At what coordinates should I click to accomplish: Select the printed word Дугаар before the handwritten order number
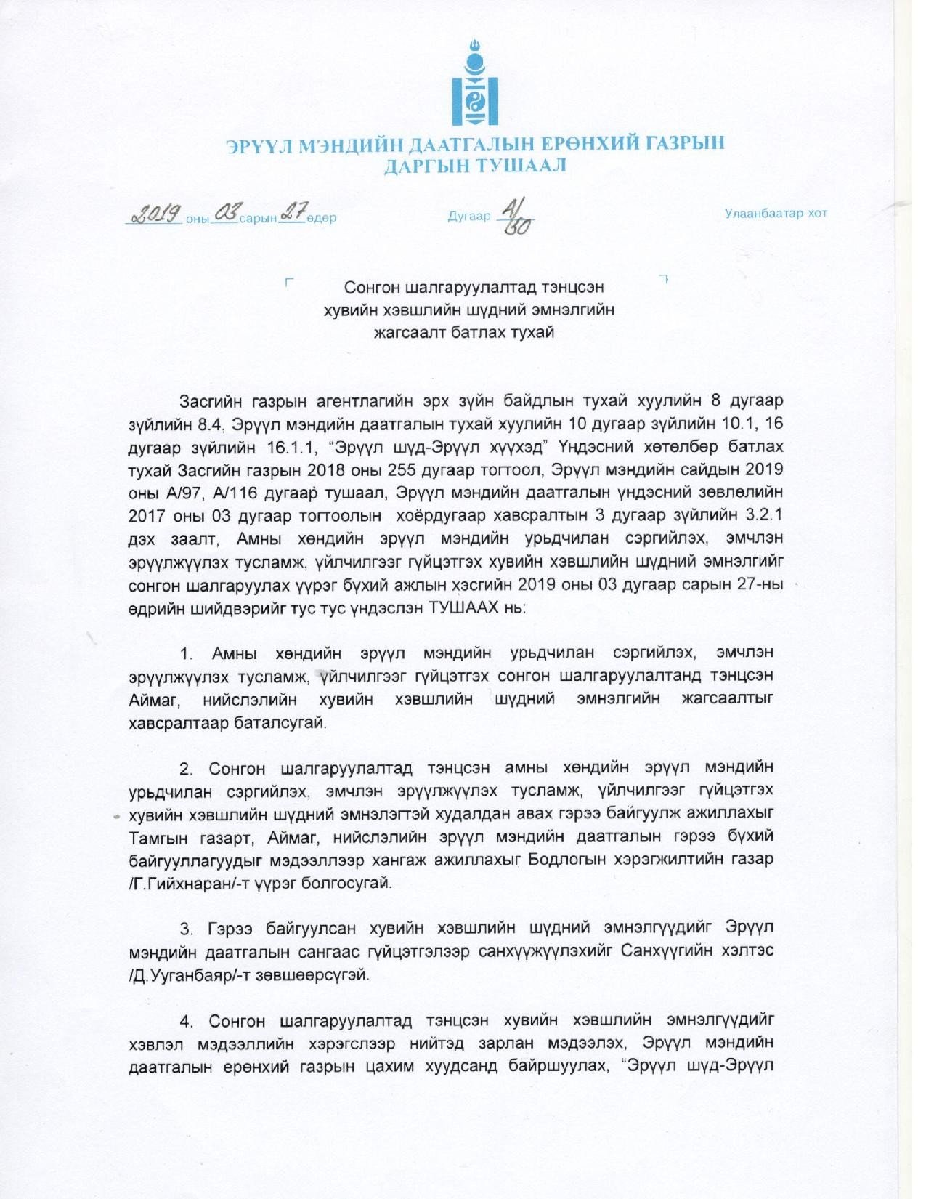pyautogui.click(x=469, y=217)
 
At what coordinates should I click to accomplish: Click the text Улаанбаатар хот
pyautogui.click(x=776, y=214)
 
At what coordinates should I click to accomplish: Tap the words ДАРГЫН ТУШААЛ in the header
pyautogui.click(x=475, y=166)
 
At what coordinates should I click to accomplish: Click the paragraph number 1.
pyautogui.click(x=187, y=654)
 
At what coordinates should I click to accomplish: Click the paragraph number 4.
pyautogui.click(x=187, y=1021)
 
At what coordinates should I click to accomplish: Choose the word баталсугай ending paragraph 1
pyautogui.click(x=281, y=724)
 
